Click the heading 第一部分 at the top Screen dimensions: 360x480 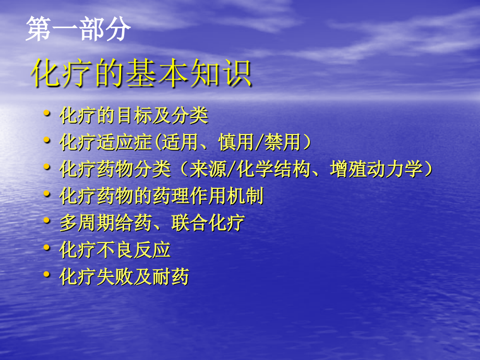pyautogui.click(x=78, y=30)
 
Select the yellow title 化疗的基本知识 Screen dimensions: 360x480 pyautogui.click(x=141, y=75)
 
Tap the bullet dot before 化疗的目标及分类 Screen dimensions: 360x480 pyautogui.click(x=47, y=113)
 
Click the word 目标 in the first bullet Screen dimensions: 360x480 pyautogui.click(x=134, y=116)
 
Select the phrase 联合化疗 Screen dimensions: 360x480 pyautogui.click(x=208, y=223)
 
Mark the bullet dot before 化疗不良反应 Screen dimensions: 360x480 pyautogui.click(x=47, y=247)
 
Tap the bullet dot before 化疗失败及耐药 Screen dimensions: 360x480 pyautogui.click(x=47, y=274)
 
